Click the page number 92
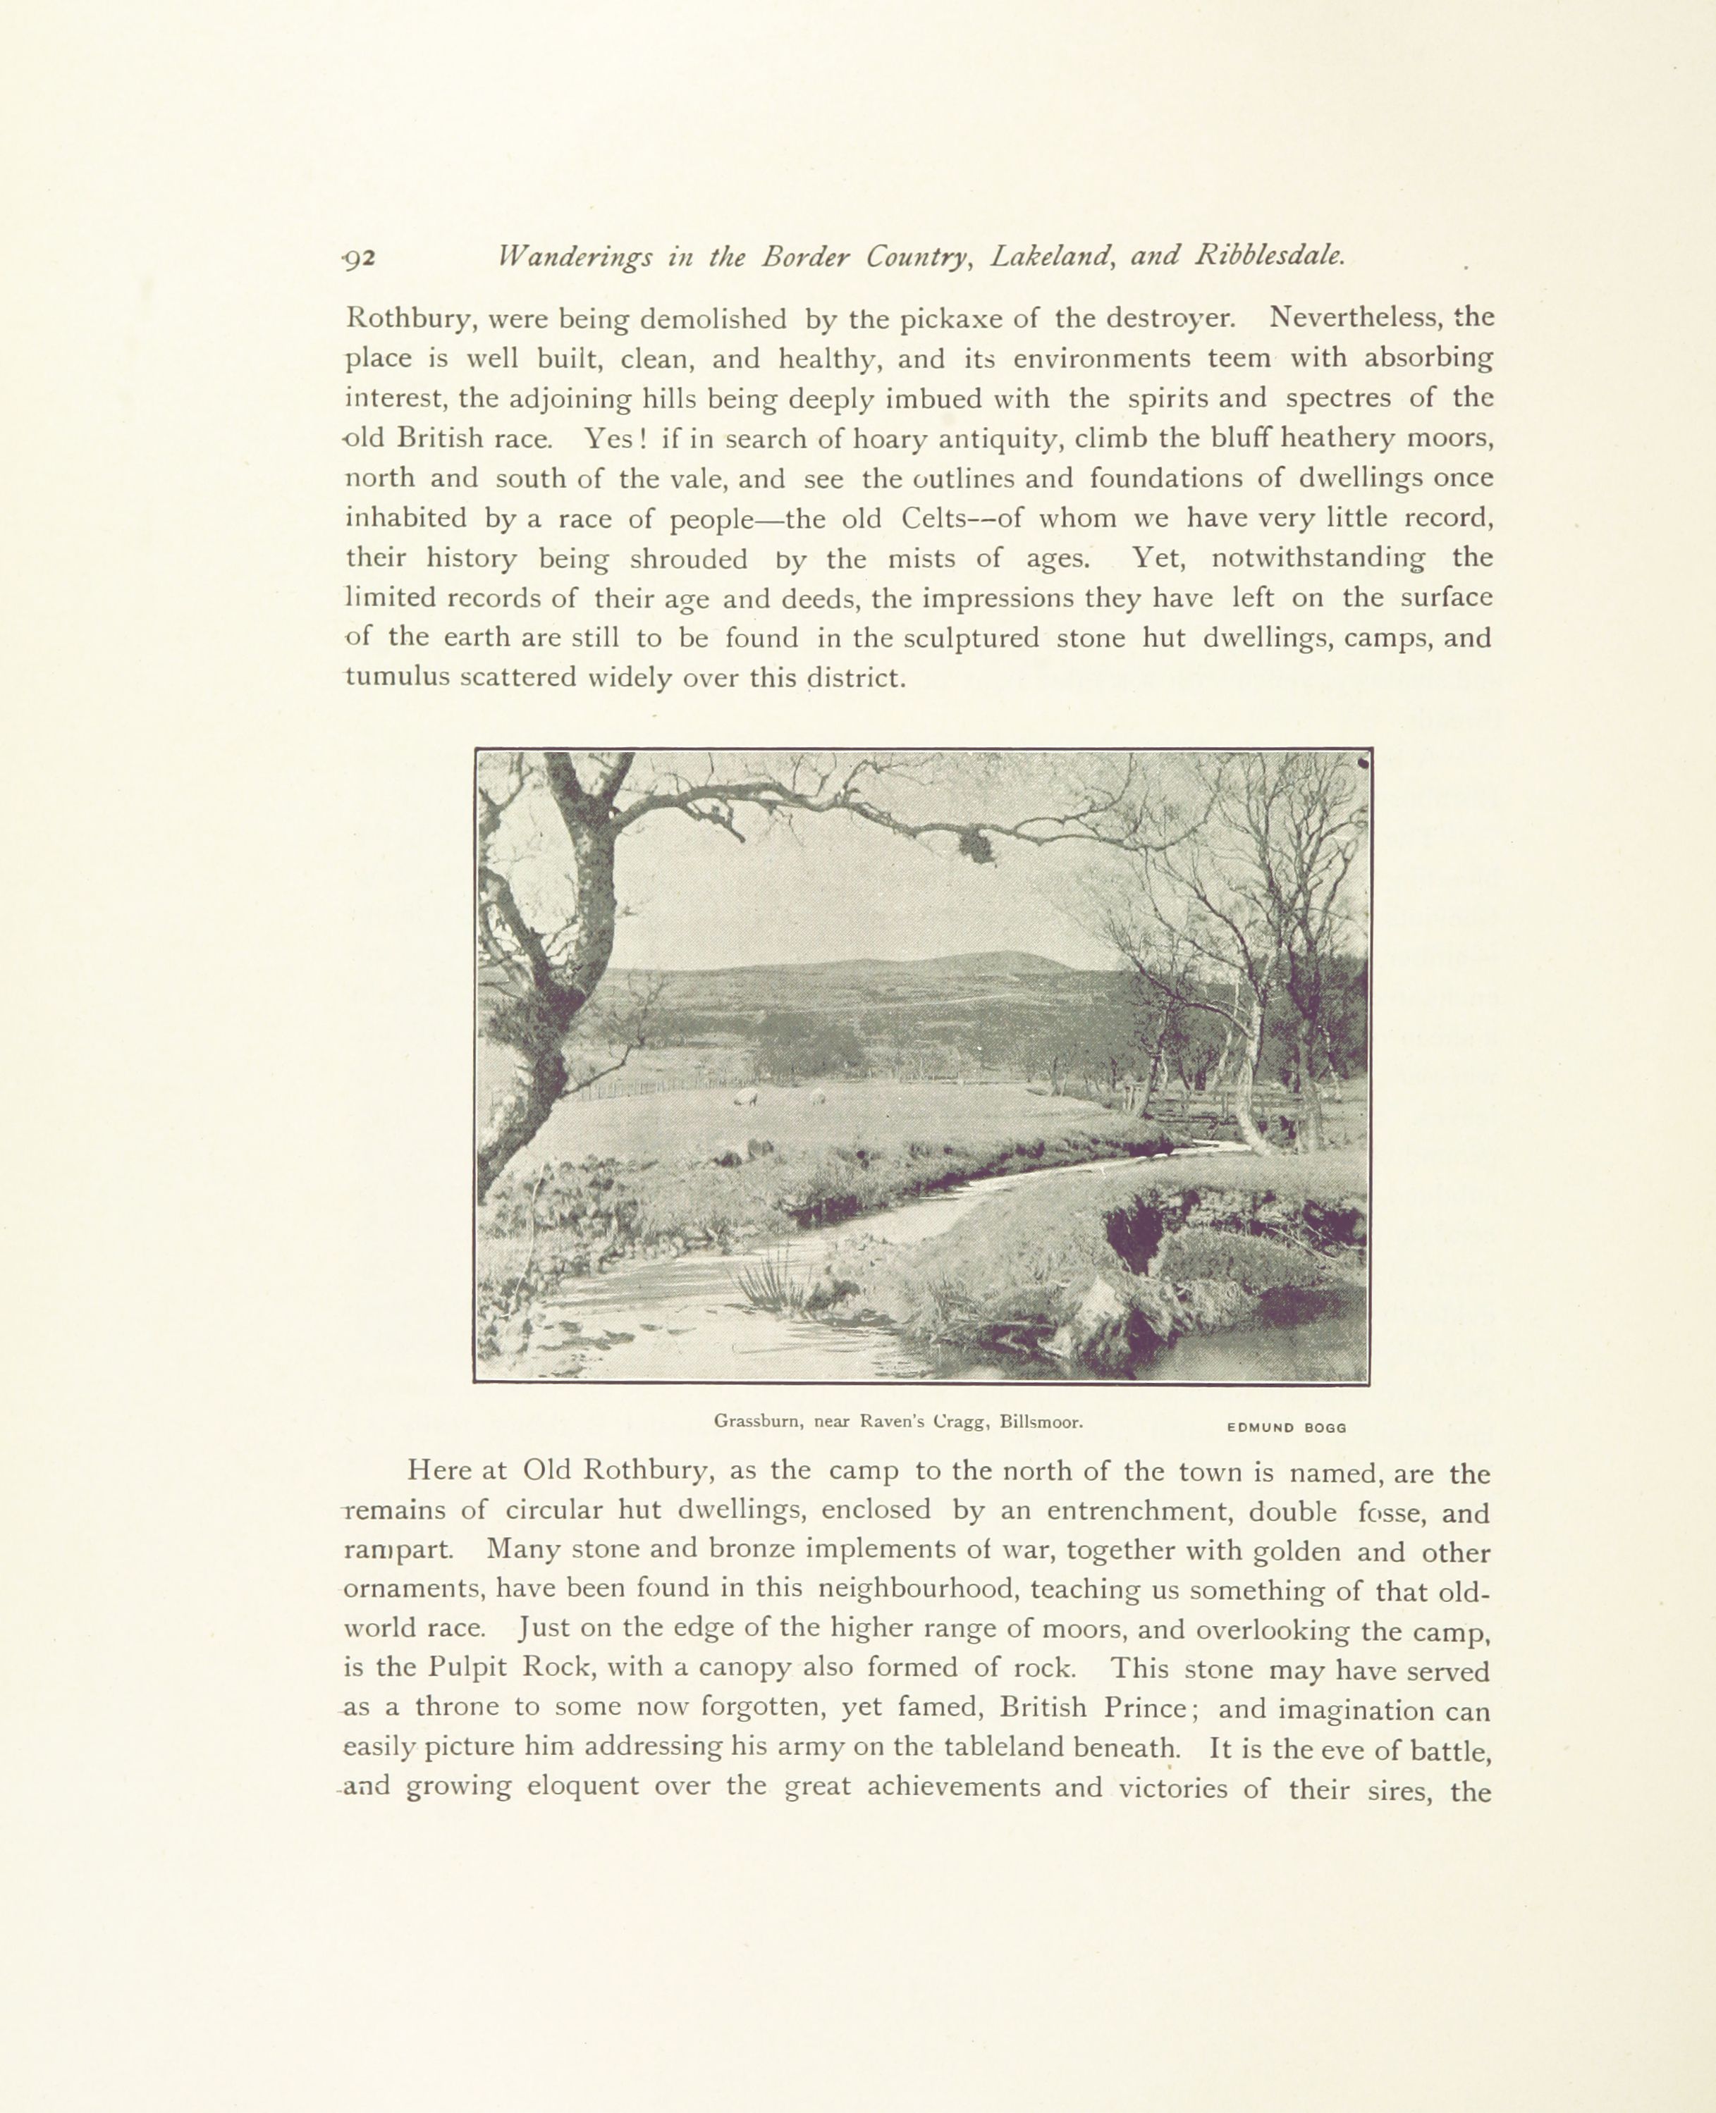[x=359, y=258]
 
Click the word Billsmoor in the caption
[x=1040, y=1422]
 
